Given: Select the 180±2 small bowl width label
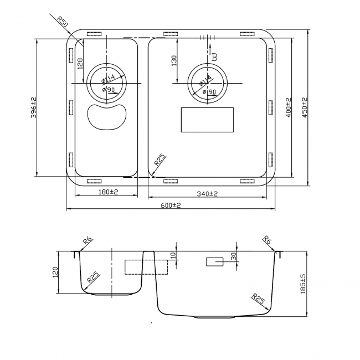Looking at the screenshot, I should [109, 192].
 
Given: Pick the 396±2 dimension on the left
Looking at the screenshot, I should [33, 107].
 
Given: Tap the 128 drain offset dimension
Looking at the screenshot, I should [80, 64].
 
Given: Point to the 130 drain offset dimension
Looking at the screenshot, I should [174, 61].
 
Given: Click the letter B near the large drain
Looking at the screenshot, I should [214, 57].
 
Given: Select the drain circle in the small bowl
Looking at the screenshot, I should [106, 83].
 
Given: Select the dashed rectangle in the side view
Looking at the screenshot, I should [146, 267].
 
